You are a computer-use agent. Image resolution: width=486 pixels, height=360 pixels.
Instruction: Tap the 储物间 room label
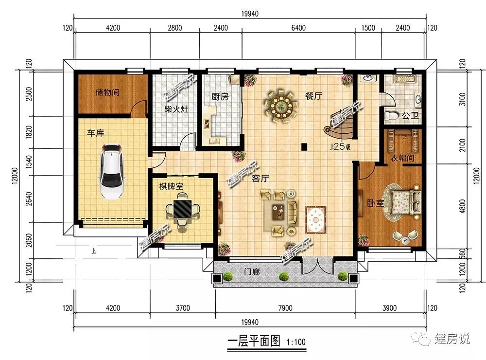click(107, 92)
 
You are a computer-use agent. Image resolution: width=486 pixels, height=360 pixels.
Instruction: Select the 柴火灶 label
click(176, 109)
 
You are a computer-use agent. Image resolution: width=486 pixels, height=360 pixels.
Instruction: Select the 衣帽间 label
click(402, 158)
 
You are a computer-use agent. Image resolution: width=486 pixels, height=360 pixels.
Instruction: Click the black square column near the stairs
click(304, 146)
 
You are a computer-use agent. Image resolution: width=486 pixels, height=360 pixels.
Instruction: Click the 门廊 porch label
click(252, 272)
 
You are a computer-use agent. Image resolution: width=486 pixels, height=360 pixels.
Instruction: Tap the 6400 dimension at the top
click(298, 28)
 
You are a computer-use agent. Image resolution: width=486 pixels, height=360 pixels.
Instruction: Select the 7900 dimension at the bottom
click(285, 308)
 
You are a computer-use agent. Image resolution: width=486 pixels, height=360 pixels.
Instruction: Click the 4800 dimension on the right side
click(463, 206)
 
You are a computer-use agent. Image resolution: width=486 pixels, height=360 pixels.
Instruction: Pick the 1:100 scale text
click(296, 342)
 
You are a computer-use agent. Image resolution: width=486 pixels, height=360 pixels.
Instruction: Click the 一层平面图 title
click(254, 341)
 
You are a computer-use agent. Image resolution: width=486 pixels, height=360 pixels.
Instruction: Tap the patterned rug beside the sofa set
click(315, 219)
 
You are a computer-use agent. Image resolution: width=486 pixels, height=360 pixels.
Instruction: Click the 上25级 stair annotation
click(340, 146)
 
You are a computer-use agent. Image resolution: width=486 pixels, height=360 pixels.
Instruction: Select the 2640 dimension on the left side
click(29, 199)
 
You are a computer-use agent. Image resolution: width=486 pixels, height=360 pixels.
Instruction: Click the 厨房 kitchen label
click(220, 97)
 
